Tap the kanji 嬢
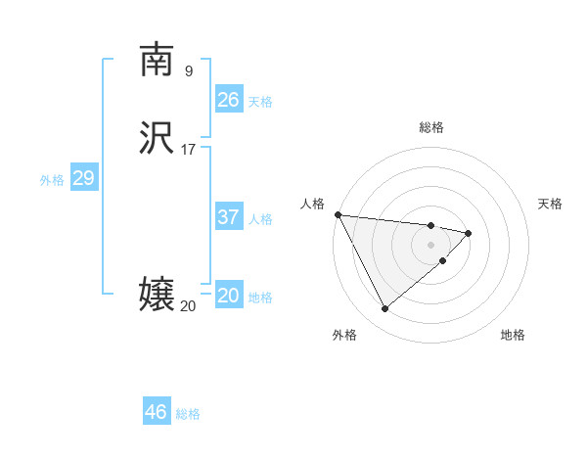[x=156, y=295]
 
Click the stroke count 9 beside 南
[x=188, y=70]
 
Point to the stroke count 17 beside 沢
[x=188, y=150]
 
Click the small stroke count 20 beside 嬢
[x=188, y=306]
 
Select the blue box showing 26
[x=229, y=100]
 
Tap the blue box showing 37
[x=229, y=217]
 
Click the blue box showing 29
[x=83, y=178]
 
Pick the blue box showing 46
[x=157, y=412]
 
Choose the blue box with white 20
[x=229, y=296]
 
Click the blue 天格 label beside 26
[x=260, y=102]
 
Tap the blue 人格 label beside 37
[x=260, y=219]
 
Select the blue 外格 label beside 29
[x=52, y=180]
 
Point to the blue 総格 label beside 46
[x=188, y=414]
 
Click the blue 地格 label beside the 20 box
[x=260, y=298]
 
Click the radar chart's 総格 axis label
[x=430, y=127]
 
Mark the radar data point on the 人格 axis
[x=337, y=214]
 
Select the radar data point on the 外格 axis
[x=384, y=309]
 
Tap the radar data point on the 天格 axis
[x=469, y=233]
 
